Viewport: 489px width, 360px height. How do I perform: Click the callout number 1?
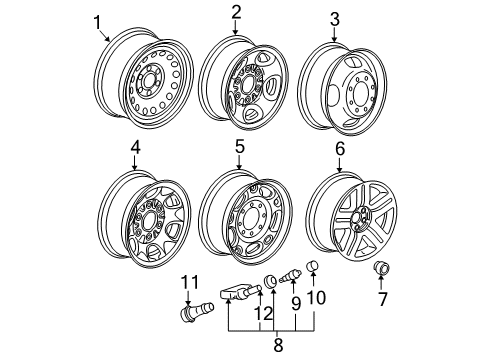97,21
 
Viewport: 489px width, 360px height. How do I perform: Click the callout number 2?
236,12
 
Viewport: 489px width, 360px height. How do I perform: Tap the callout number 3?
335,18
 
